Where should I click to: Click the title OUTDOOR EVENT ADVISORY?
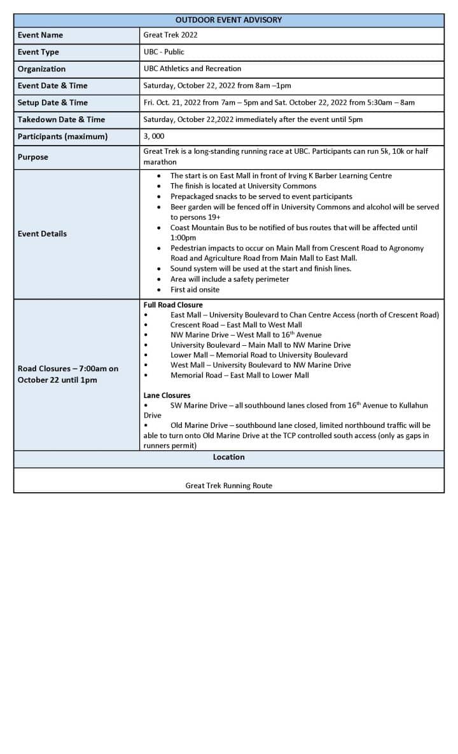228,20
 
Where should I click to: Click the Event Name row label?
40,35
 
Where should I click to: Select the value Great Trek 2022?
170,35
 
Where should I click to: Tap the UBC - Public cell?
164,51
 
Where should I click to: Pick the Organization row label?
41,69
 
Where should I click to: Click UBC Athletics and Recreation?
192,69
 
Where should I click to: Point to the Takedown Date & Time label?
61,119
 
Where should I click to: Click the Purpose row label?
33,156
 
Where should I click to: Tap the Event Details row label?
42,233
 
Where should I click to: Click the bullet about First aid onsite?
195,289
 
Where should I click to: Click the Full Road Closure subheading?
173,305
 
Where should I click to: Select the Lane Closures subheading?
167,395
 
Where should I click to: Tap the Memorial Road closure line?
239,375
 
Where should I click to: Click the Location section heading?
228,457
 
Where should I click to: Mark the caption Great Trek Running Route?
228,486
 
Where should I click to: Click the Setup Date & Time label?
53,102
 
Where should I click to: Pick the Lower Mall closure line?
259,355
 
